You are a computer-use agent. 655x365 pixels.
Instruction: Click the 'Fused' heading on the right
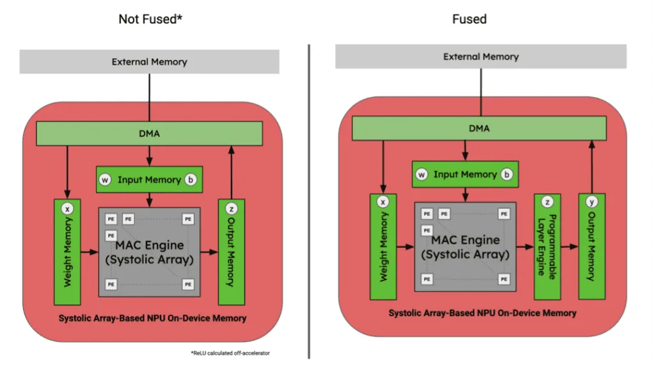470,19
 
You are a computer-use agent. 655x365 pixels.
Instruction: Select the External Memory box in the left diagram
149,62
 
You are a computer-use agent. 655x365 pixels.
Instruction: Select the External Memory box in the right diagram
481,57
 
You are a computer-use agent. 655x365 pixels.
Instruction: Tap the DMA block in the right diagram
478,128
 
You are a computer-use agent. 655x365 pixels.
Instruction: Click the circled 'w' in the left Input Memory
106,180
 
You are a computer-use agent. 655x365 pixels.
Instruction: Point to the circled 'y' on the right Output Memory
592,203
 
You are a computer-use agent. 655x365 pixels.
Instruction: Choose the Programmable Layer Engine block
548,247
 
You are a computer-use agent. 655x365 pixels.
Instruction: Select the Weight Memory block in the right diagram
384,247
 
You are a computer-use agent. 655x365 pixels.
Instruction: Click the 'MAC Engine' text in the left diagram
150,245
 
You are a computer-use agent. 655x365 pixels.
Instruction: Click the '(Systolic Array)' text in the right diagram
465,254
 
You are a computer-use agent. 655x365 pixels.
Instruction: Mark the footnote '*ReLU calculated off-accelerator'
230,353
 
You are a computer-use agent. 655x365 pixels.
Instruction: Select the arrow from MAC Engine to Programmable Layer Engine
525,246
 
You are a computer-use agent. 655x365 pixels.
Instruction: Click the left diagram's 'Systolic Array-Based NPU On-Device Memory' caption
152,318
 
